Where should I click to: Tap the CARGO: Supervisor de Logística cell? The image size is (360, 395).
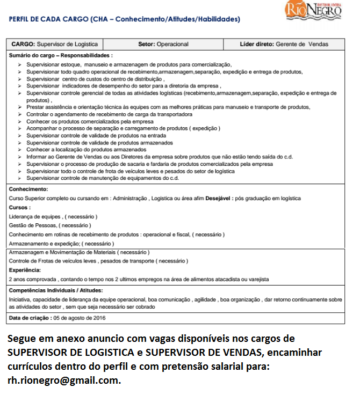coord(55,44)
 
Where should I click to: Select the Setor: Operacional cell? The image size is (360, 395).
coord(163,44)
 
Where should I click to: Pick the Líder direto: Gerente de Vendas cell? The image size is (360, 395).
coord(284,44)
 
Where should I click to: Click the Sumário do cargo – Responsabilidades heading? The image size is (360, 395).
coord(61,55)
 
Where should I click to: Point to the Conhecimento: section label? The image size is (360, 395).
coord(28,189)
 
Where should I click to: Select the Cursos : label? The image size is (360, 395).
coord(20,207)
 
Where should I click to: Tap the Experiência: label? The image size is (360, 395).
coord(25,270)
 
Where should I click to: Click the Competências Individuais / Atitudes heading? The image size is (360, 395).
coord(64,290)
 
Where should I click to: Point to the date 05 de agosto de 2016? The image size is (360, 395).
coord(80,318)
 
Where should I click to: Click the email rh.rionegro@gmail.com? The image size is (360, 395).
coord(63,381)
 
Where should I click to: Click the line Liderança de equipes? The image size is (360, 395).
coord(53,216)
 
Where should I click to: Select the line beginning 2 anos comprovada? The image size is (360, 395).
coord(139,280)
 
